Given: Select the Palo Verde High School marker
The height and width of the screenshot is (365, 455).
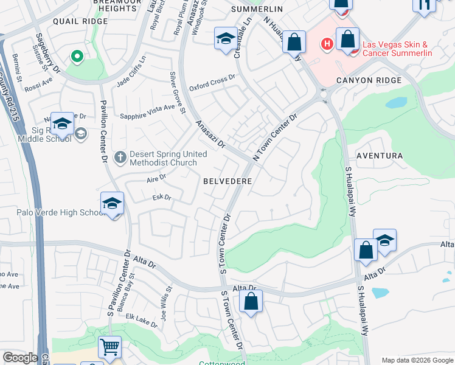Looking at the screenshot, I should click(x=113, y=203).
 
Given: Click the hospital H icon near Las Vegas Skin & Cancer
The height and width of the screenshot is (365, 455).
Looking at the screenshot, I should click(x=327, y=44).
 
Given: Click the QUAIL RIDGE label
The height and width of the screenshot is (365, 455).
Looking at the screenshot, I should click(x=76, y=20).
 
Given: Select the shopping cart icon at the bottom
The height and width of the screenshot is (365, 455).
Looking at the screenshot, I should click(x=109, y=347).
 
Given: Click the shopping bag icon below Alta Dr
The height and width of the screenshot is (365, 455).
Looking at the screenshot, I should click(x=251, y=301).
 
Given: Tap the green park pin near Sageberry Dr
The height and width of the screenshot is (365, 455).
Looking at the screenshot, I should click(x=77, y=57).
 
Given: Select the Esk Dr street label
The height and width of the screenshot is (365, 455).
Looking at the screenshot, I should click(x=162, y=198).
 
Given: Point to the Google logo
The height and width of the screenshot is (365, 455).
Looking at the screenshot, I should click(x=20, y=358).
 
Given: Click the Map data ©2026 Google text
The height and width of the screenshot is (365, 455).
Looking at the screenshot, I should click(x=417, y=360).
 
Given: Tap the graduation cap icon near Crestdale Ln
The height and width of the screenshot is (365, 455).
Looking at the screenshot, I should click(x=226, y=39).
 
